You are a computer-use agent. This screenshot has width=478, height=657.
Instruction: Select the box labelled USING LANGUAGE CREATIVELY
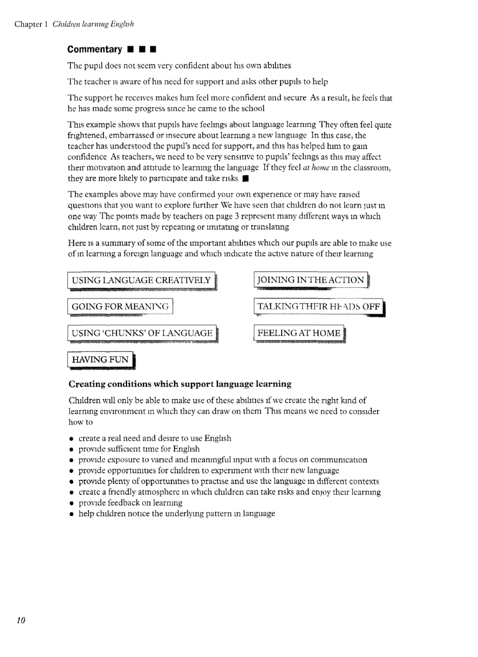[x=141, y=281]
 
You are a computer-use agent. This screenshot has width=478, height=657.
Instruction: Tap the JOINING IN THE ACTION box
[x=311, y=280]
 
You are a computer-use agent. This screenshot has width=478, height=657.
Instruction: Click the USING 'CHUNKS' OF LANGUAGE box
[x=142, y=333]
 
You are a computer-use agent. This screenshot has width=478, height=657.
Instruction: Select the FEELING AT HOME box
[x=299, y=333]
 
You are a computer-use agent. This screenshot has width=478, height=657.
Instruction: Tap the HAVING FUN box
[x=100, y=359]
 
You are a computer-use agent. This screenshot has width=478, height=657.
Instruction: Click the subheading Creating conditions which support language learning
[x=180, y=384]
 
